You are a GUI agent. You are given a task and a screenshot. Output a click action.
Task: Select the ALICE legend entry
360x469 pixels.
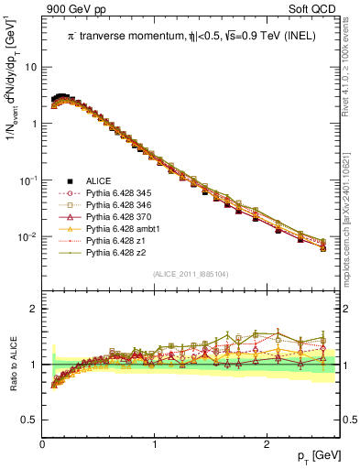[x=100, y=181]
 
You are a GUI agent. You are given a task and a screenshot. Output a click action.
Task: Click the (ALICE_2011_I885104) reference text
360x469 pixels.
[x=191, y=274]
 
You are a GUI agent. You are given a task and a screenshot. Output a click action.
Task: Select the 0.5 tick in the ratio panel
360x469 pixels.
[x=30, y=420]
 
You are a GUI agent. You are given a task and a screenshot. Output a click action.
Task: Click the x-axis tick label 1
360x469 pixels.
[x=154, y=444]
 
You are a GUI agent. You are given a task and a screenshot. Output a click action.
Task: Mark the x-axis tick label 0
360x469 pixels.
[x=42, y=444]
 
